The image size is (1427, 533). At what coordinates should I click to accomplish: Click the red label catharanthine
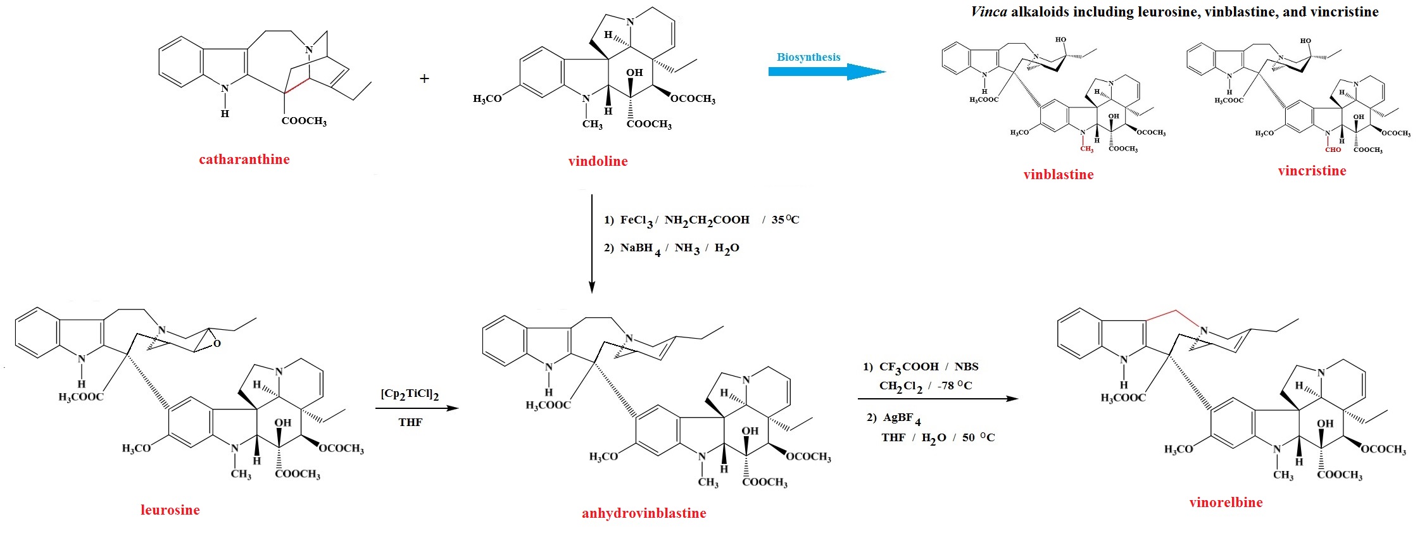(244, 160)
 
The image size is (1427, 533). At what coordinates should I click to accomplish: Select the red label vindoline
(598, 161)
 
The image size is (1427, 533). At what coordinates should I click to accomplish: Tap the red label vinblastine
(1059, 175)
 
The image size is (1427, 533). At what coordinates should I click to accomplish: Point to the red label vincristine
(1312, 171)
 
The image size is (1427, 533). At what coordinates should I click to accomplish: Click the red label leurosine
(170, 510)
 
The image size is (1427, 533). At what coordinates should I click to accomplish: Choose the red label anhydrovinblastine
(644, 513)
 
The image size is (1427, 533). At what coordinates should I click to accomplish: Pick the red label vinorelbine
(1226, 503)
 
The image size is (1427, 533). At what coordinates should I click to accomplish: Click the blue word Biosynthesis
(808, 57)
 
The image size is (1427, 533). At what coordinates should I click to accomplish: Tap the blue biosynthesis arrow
(827, 72)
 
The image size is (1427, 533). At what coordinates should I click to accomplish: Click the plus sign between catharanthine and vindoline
(424, 78)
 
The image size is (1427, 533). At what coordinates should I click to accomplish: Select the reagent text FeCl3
(636, 221)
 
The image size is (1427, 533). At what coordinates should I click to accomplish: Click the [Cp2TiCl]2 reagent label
(410, 394)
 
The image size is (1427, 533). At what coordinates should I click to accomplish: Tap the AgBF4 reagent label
(902, 418)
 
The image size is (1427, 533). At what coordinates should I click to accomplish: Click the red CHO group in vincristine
(1333, 150)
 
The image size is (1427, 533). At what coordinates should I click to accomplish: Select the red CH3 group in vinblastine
(1086, 149)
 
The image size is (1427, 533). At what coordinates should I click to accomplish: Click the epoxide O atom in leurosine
(217, 344)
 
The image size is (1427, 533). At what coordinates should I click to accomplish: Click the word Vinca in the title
(989, 12)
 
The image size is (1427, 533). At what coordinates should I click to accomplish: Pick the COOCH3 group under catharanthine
(304, 121)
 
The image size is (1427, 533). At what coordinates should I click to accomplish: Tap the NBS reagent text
(966, 367)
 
